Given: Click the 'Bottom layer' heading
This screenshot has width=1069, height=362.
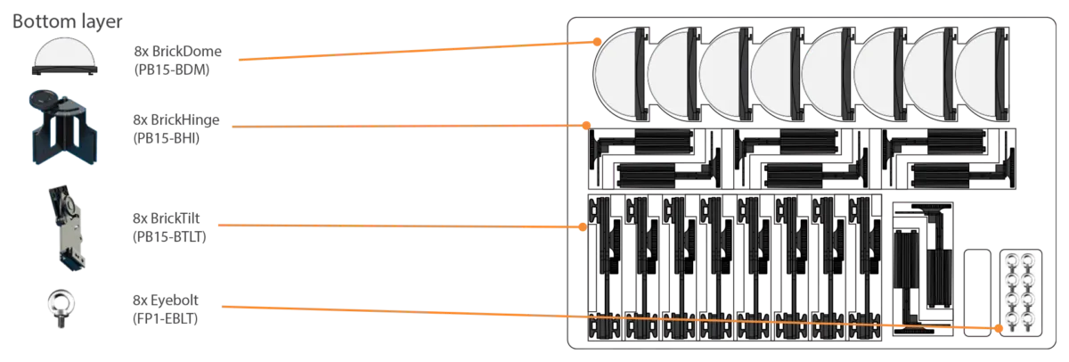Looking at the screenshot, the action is [68, 22].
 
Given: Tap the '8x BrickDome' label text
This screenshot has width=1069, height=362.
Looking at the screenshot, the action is [177, 51].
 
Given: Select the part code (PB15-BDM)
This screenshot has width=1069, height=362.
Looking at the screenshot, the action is [172, 70].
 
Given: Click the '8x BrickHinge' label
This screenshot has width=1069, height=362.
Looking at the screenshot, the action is [176, 119].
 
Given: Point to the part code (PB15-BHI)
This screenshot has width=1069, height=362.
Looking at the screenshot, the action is [166, 138].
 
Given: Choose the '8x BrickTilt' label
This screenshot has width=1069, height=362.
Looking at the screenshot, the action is [166, 218].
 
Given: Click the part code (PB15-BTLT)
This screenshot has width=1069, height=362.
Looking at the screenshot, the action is [169, 237].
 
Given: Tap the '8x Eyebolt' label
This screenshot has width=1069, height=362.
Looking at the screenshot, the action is [165, 300].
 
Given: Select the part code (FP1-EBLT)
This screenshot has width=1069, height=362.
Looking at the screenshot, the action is [165, 318].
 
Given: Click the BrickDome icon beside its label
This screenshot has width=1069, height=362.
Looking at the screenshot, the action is [64, 56].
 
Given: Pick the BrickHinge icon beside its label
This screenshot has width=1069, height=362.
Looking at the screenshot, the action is [64, 127].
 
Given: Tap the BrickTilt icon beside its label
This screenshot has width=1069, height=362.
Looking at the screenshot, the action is [67, 228].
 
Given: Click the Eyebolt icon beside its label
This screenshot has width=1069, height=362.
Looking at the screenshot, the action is [61, 308].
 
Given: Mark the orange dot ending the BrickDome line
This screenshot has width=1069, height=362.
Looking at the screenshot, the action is [597, 42].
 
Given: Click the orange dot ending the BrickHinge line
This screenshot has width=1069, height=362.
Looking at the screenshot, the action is [586, 126].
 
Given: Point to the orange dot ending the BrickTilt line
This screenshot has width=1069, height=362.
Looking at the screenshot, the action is [583, 226].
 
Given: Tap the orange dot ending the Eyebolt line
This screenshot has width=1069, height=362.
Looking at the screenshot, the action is [999, 329].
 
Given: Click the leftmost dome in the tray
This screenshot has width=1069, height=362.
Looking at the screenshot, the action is [620, 74].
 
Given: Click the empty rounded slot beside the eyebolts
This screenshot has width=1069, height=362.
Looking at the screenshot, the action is [977, 292].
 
